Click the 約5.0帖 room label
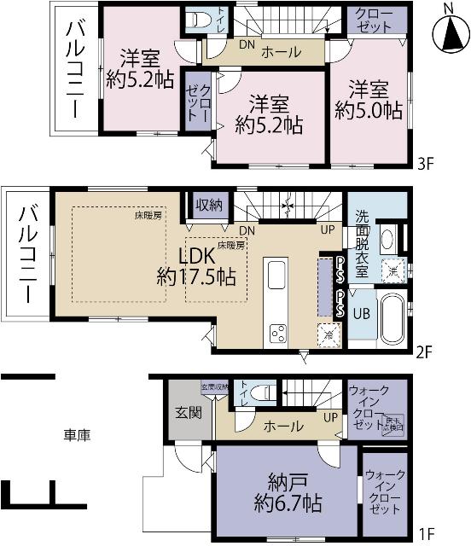coord(368,100)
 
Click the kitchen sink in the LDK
coord(279,276)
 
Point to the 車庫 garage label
coord(77,435)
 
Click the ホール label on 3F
coord(280,52)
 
